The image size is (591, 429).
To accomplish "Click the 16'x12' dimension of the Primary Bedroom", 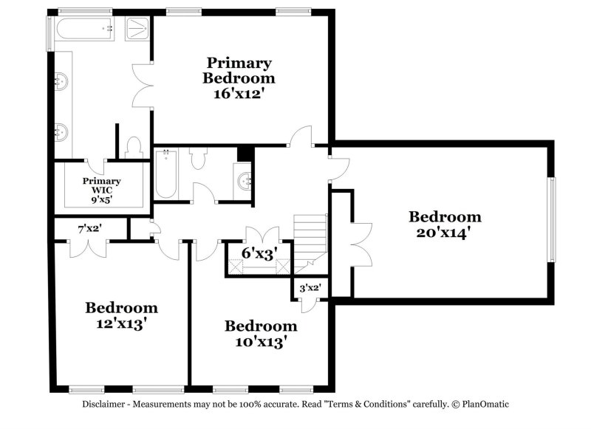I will pyautogui.click(x=239, y=94).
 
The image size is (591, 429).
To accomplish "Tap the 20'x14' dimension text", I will pyautogui.click(x=445, y=233).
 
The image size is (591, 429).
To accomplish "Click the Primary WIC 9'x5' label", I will pyautogui.click(x=102, y=189).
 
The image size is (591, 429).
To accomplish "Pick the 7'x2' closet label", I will pyautogui.click(x=89, y=229).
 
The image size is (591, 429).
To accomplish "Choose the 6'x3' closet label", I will pyautogui.click(x=259, y=253).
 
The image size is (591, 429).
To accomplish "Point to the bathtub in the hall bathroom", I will pyautogui.click(x=165, y=174).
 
